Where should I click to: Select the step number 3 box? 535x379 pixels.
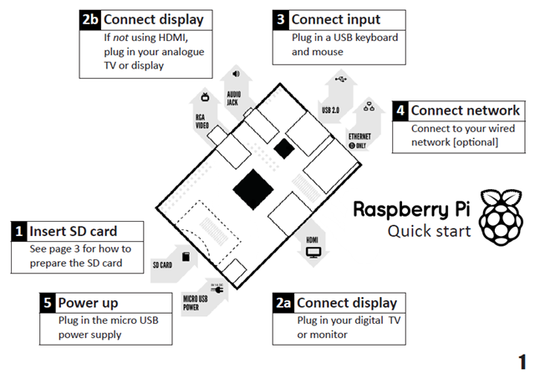point(280,19)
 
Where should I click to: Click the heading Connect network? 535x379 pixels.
point(465,110)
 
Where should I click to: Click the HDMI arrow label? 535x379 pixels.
point(313,239)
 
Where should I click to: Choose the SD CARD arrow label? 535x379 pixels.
point(162,265)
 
